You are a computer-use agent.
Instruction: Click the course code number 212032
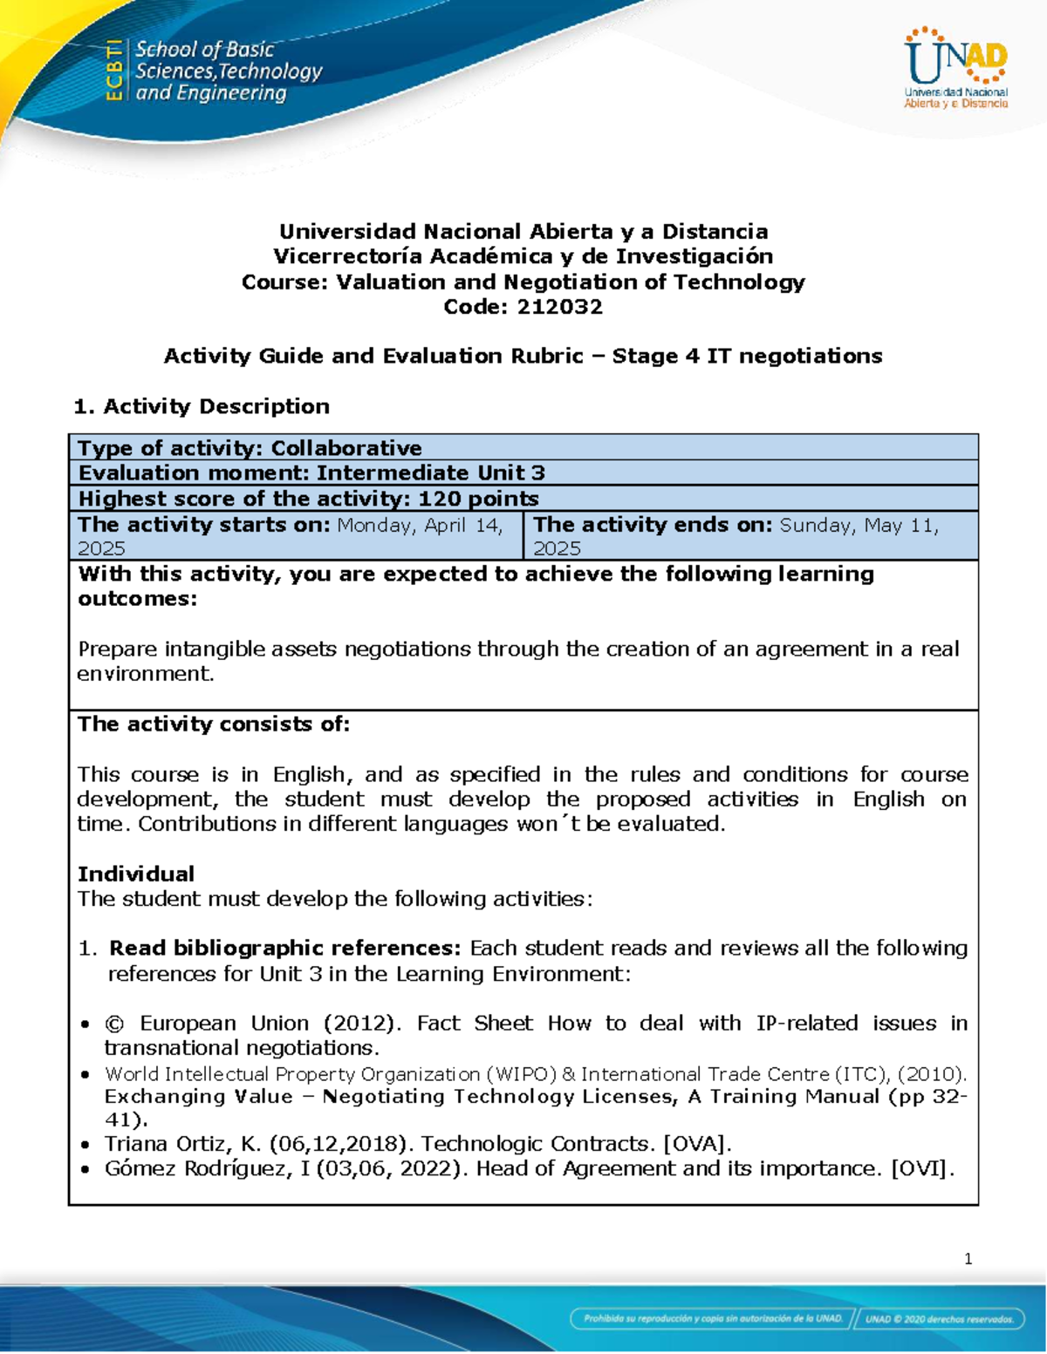click(x=559, y=307)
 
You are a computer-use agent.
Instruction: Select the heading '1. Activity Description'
click(x=202, y=406)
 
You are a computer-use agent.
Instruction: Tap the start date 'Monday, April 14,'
click(x=420, y=525)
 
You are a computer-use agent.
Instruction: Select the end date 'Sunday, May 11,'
click(x=859, y=525)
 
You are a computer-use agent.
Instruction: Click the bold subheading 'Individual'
click(x=136, y=874)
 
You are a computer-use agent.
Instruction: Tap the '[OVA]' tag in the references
click(x=698, y=1144)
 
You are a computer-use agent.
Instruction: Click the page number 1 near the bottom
click(x=968, y=1258)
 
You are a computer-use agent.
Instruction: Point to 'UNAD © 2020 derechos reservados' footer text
click(x=939, y=1319)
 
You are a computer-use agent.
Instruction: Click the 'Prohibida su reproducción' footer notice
click(x=713, y=1319)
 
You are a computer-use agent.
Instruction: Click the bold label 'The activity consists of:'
click(x=214, y=725)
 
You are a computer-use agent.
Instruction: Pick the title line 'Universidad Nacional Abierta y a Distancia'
click(x=523, y=232)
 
